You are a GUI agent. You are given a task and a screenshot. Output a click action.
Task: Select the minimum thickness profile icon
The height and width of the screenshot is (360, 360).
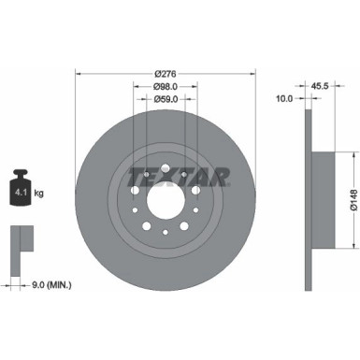point(20,243)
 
